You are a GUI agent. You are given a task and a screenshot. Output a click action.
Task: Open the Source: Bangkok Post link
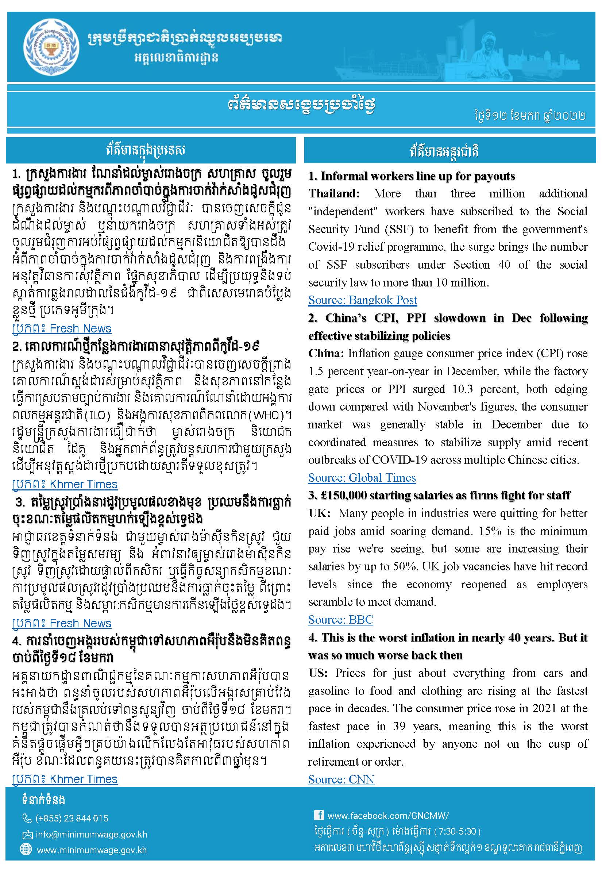click(x=363, y=300)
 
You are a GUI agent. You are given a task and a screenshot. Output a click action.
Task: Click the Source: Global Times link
click(x=362, y=478)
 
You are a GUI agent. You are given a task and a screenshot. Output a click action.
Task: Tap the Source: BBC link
click(x=341, y=619)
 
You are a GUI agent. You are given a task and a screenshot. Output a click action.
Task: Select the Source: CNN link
click(x=341, y=779)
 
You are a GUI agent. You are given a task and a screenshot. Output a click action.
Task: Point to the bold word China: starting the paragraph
click(x=326, y=354)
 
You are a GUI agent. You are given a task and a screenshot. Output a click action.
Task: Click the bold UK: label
click(x=319, y=513)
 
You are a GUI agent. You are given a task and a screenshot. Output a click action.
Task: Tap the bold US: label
click(x=319, y=673)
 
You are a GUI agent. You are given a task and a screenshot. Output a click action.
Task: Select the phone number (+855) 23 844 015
click(x=72, y=818)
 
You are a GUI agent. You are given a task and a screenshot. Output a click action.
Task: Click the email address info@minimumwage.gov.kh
click(x=91, y=834)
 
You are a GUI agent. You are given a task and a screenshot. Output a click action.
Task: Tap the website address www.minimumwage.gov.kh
click(x=92, y=850)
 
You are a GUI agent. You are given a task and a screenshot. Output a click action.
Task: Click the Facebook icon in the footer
click(x=319, y=815)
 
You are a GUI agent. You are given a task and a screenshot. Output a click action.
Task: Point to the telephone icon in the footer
click(x=27, y=818)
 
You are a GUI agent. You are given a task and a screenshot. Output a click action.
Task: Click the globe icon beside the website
click(x=26, y=849)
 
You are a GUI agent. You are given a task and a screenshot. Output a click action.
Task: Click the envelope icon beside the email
click(x=27, y=834)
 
